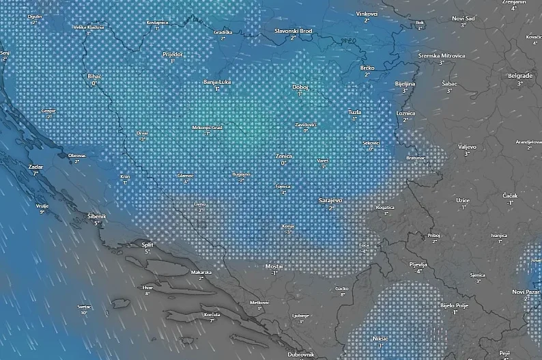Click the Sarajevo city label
pos(330,200)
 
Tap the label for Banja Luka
pos(217,82)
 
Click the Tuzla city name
pos(354,111)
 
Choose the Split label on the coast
pos(147,244)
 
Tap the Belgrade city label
pos(520,75)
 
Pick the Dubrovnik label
pos(300,354)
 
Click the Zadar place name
pos(35,166)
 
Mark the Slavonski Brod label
pos(294,31)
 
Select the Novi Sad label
pos(463,18)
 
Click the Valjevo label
pos(467,146)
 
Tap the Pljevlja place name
pos(417,264)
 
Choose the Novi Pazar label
pos(526,292)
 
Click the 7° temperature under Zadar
pos(35,174)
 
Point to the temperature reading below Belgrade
pos(519,83)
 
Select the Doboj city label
pos(300,87)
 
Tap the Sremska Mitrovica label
pos(442,55)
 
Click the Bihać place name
pos(94,76)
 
